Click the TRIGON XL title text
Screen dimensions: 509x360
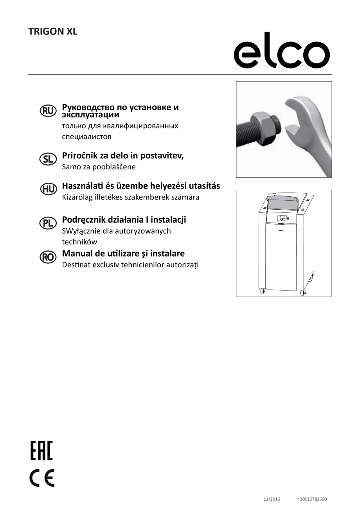point(53,32)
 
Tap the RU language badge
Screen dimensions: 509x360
point(49,111)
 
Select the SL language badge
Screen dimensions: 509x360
point(49,159)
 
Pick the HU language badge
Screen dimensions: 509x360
point(49,189)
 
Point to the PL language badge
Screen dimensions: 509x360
point(49,223)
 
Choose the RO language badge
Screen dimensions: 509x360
point(49,257)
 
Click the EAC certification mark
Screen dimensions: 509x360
point(41,450)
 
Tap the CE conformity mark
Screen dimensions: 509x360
point(42,478)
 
